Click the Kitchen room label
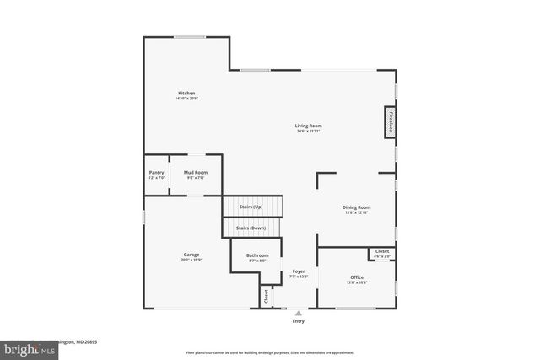(x=186, y=93)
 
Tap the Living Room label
(x=309, y=126)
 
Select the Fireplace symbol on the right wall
(x=391, y=121)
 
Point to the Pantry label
(x=156, y=173)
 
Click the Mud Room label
(x=195, y=173)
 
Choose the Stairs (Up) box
(x=251, y=207)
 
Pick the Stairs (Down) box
(x=251, y=228)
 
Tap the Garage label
(x=192, y=255)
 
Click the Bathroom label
(x=257, y=255)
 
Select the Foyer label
(x=299, y=271)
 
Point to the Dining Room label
(x=356, y=207)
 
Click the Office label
(x=356, y=277)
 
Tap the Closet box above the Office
(x=381, y=252)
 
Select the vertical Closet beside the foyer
(x=267, y=296)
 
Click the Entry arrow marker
(x=298, y=313)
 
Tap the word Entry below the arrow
(x=298, y=321)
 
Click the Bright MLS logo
(x=25, y=347)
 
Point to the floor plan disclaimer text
(x=270, y=352)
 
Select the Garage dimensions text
(x=192, y=261)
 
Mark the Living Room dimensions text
(x=309, y=132)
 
